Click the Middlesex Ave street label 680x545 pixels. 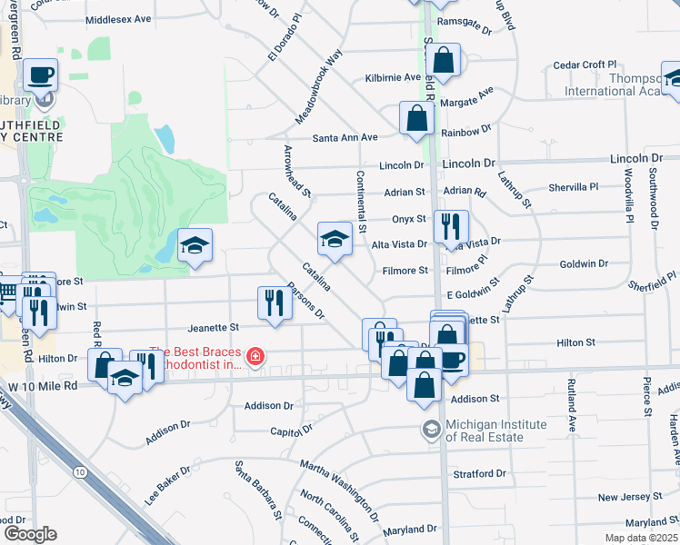pos(118,19)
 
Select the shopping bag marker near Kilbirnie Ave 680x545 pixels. pos(443,61)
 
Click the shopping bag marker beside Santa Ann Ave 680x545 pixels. pos(415,118)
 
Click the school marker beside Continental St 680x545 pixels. pos(335,239)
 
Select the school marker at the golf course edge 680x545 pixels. pos(195,245)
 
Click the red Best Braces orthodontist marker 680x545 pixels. pos(256,356)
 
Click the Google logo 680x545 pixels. pos(29,534)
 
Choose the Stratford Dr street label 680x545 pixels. pos(481,474)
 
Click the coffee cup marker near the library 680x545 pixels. pos(41,74)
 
